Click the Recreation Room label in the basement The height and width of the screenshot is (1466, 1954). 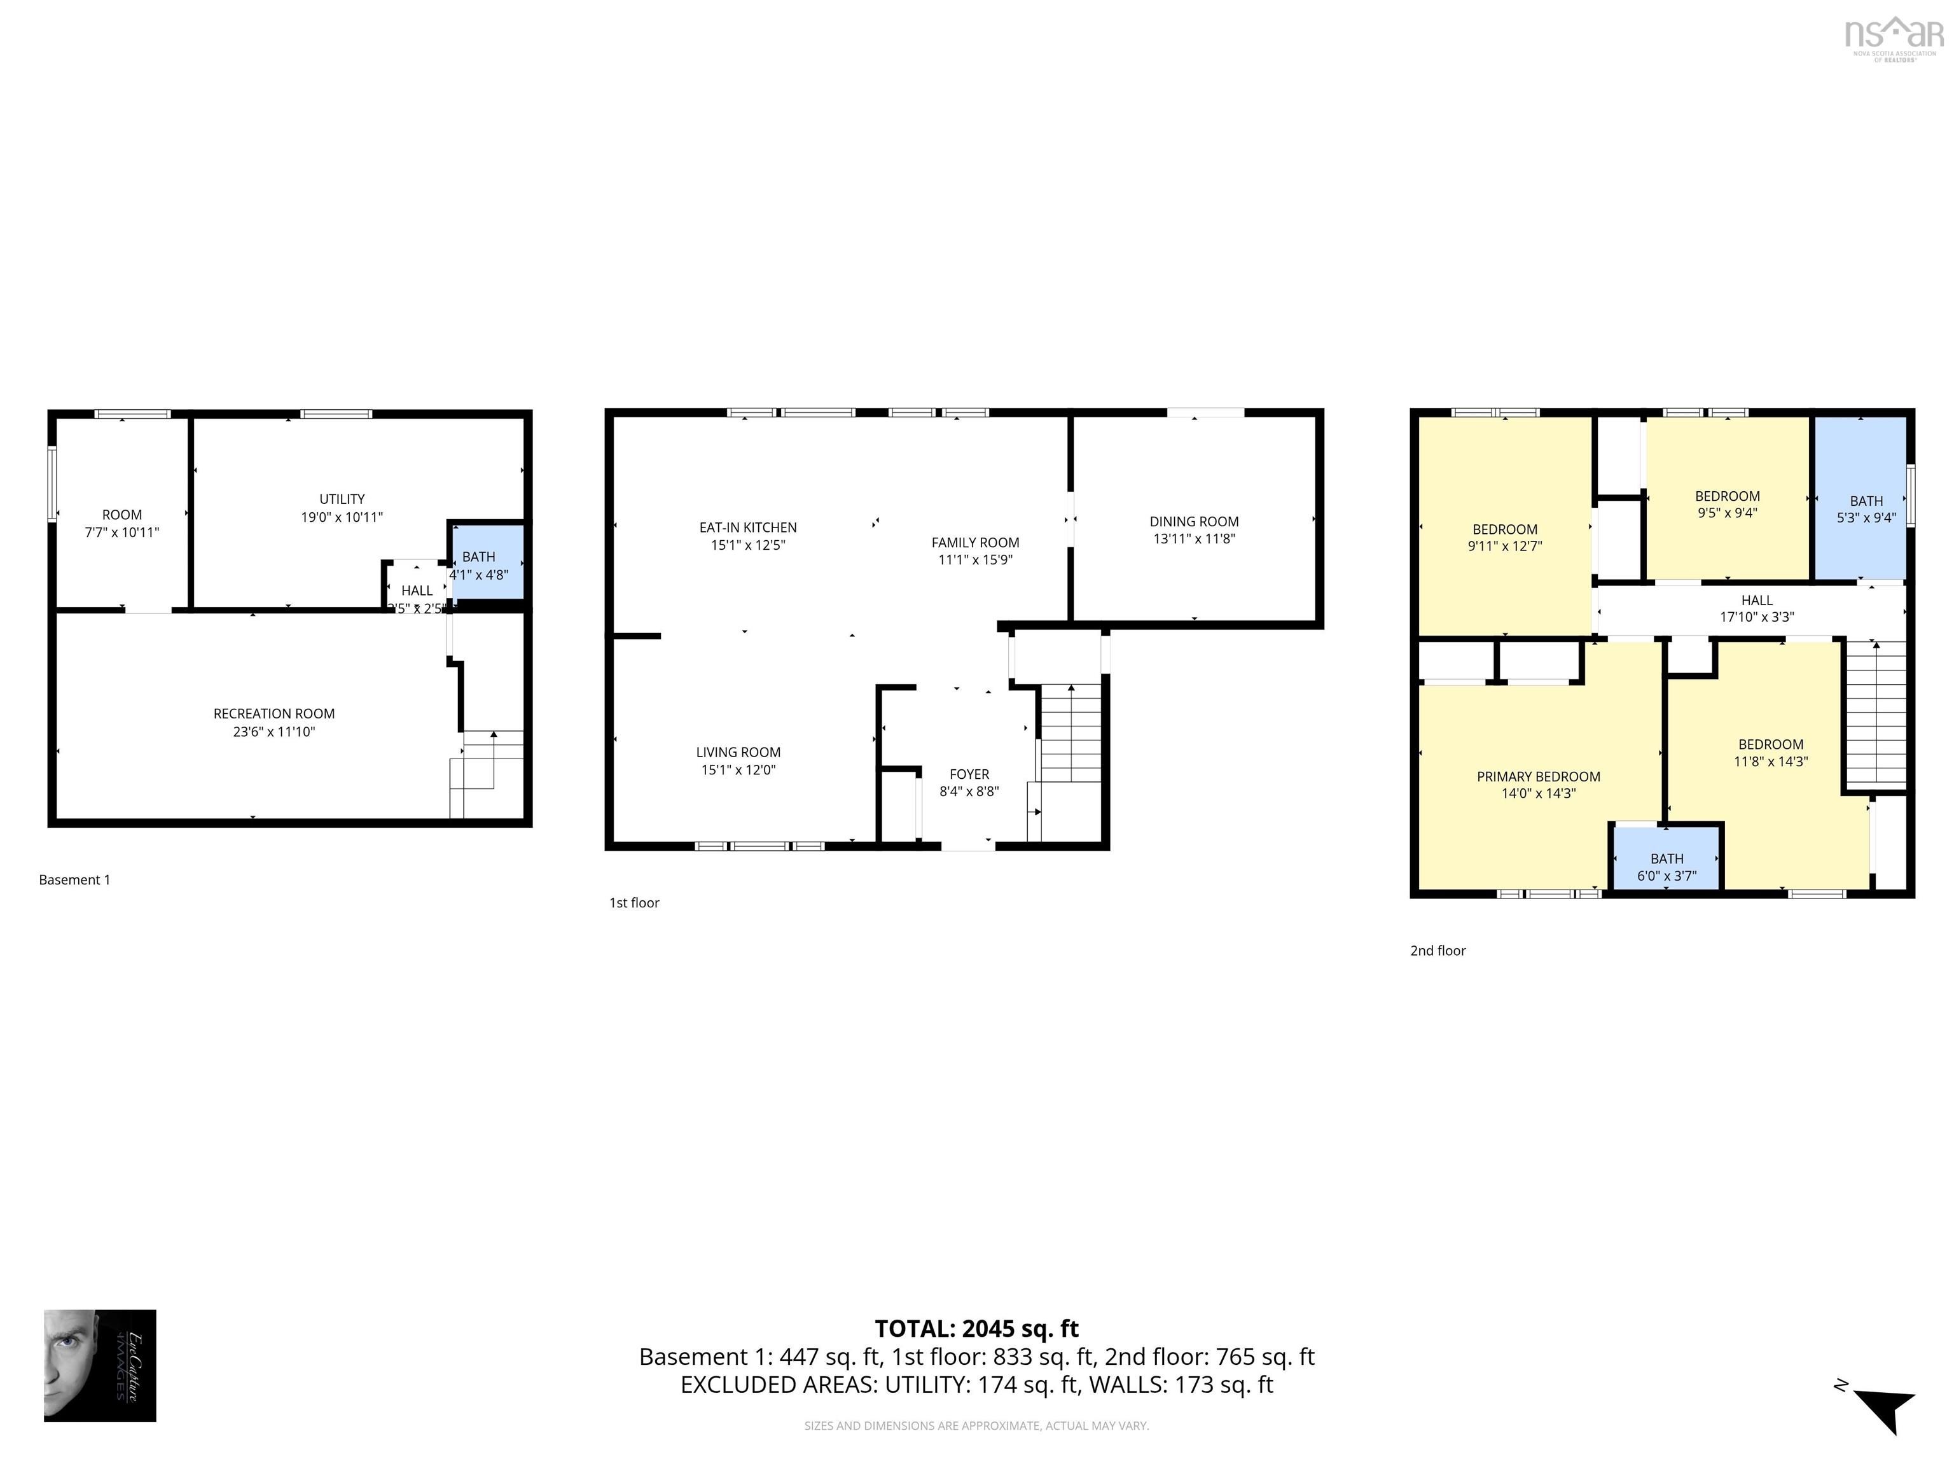pos(274,713)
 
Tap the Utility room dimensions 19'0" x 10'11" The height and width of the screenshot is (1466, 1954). pos(342,517)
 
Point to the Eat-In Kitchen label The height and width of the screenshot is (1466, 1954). pos(747,527)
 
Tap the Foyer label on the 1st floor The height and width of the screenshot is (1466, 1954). pos(969,774)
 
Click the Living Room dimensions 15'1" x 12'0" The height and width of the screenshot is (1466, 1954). pos(738,770)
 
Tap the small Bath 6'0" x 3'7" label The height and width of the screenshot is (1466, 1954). pos(1666,859)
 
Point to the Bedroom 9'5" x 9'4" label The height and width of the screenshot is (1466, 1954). pos(1727,496)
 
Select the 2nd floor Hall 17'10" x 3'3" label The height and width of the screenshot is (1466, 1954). pos(1756,600)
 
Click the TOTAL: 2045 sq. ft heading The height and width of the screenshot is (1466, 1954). pos(976,1329)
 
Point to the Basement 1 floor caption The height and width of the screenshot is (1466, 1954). pos(74,879)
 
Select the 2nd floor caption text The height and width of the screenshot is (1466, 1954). pos(1438,951)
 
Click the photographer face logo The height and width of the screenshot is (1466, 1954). pos(100,1365)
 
